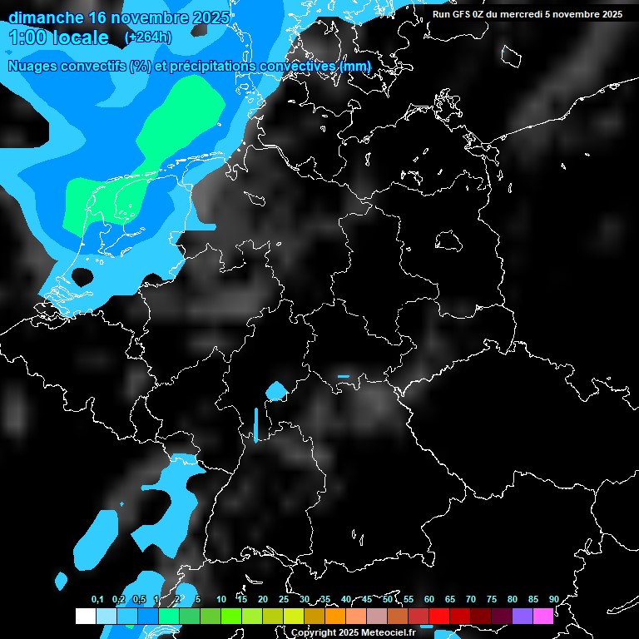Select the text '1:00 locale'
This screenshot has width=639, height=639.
coord(58,37)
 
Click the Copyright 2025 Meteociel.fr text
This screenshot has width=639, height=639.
coord(353,632)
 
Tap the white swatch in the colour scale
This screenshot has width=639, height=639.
coord(85,616)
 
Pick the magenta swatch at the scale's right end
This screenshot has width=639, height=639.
coord(543,616)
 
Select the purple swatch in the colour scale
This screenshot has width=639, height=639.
coord(523,616)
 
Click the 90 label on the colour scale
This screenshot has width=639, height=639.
coord(553,599)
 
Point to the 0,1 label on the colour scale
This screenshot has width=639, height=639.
coord(97,599)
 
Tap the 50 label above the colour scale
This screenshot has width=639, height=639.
coord(388,599)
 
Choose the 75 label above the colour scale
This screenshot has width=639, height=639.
coord(492,599)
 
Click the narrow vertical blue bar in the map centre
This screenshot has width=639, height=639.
coord(255,424)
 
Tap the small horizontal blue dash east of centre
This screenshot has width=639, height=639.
coord(344,376)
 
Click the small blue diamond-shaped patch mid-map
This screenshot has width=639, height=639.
coord(276,389)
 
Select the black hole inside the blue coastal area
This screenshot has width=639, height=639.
coord(82,276)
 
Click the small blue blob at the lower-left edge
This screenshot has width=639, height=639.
coord(61,579)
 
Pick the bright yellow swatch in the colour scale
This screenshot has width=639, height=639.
coord(293,616)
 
